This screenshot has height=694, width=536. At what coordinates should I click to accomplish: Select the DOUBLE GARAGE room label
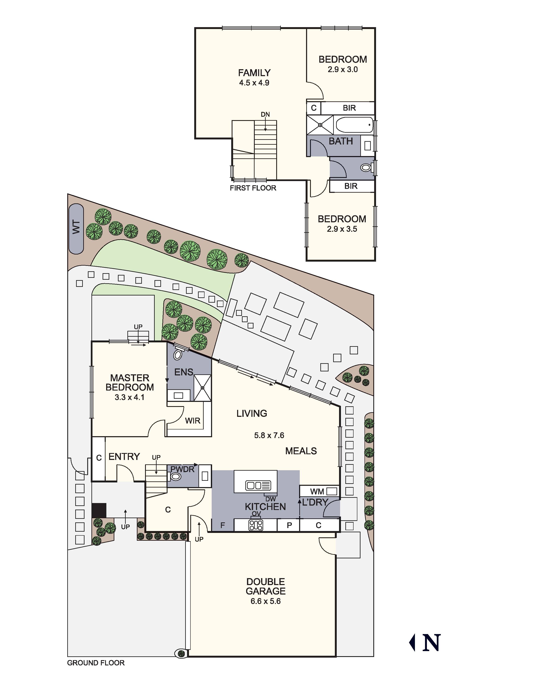click(265, 586)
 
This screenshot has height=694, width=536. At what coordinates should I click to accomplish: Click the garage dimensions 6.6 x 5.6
click(265, 601)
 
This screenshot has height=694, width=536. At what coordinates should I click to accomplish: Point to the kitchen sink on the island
click(258, 485)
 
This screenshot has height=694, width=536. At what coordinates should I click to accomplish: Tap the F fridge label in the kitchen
click(223, 525)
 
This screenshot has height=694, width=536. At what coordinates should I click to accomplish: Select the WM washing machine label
click(317, 492)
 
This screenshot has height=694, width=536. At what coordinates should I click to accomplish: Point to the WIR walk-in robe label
click(193, 421)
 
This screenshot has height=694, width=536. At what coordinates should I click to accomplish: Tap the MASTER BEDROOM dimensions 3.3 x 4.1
click(129, 397)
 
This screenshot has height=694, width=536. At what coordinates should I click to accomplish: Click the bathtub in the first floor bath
click(354, 125)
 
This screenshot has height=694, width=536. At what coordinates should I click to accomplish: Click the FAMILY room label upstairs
click(254, 73)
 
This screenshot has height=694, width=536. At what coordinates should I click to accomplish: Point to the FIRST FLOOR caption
click(253, 188)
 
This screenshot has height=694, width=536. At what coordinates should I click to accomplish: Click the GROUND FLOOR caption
click(96, 663)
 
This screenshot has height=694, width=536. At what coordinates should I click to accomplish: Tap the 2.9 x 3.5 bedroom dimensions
click(342, 229)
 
